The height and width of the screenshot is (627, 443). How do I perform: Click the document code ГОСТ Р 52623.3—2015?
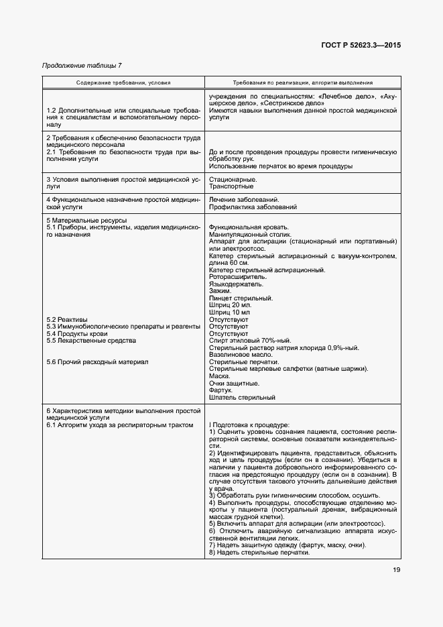pyautogui.click(x=360, y=46)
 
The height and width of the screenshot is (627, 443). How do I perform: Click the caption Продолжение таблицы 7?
pyautogui.click(x=82, y=65)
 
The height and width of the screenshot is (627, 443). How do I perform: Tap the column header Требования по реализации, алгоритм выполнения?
pyautogui.click(x=303, y=82)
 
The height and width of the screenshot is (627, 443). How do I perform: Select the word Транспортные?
pyautogui.click(x=232, y=187)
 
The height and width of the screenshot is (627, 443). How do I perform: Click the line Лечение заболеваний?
pyautogui.click(x=244, y=200)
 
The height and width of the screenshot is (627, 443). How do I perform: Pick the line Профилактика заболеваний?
pyautogui.click(x=253, y=207)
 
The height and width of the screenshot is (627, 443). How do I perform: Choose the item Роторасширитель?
pyautogui.click(x=238, y=276)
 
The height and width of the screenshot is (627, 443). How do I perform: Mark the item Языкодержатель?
pyautogui.click(x=237, y=284)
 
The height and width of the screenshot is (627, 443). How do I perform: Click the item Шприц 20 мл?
pyautogui.click(x=229, y=305)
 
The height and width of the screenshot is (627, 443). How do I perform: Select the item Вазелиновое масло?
pyautogui.click(x=241, y=354)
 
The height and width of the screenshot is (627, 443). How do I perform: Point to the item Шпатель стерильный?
pyautogui.click(x=242, y=397)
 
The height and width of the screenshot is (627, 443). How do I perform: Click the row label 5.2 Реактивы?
pyautogui.click(x=67, y=319)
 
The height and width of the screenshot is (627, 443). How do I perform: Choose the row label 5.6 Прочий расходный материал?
pyautogui.click(x=97, y=361)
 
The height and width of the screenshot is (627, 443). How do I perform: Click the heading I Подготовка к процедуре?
pyautogui.click(x=249, y=424)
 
